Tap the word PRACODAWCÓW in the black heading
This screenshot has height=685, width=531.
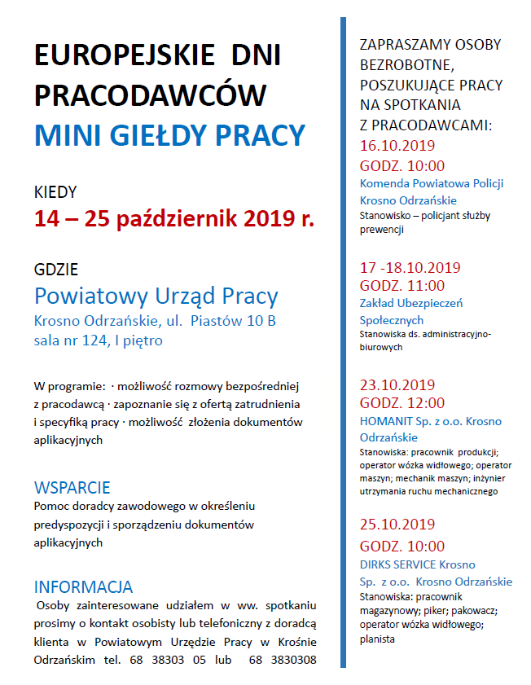coord(151,95)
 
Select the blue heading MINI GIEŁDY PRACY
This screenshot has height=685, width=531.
coord(169,135)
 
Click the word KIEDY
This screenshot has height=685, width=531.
coord(55,192)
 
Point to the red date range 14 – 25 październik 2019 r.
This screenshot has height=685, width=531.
coord(173,218)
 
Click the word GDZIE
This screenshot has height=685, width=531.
coord(56,270)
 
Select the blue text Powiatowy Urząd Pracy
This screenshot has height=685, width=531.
coord(156,296)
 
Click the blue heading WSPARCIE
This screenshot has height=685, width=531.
coord(72,488)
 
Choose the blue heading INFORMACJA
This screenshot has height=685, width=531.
coord(83,586)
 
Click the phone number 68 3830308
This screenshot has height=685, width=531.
coord(283,660)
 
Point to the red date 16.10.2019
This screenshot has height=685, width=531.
coord(397,147)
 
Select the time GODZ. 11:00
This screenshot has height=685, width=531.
coord(402,285)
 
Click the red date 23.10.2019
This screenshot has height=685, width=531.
coord(397,384)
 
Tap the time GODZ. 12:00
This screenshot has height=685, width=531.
coord(402,402)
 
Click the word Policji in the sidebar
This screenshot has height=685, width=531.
coord(485,183)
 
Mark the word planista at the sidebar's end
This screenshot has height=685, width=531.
coord(377,639)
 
